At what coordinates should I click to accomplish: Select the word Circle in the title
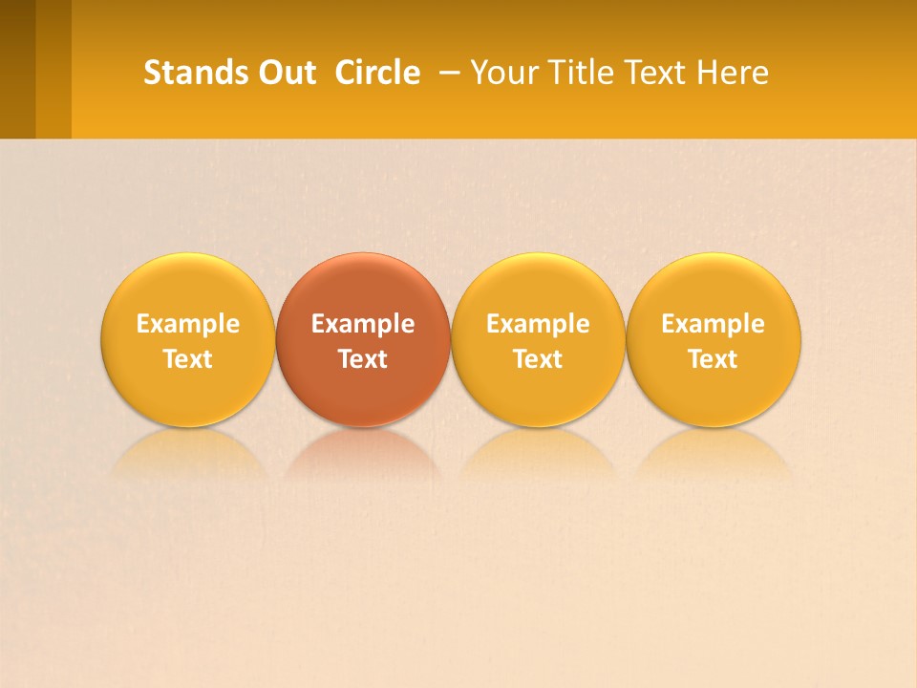(x=377, y=73)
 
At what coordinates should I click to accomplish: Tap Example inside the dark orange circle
(x=363, y=324)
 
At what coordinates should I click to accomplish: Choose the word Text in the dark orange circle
(x=363, y=359)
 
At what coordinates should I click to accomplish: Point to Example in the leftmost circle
(x=188, y=324)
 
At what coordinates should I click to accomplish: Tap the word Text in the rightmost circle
(x=714, y=359)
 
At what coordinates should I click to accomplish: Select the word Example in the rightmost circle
(x=714, y=324)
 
